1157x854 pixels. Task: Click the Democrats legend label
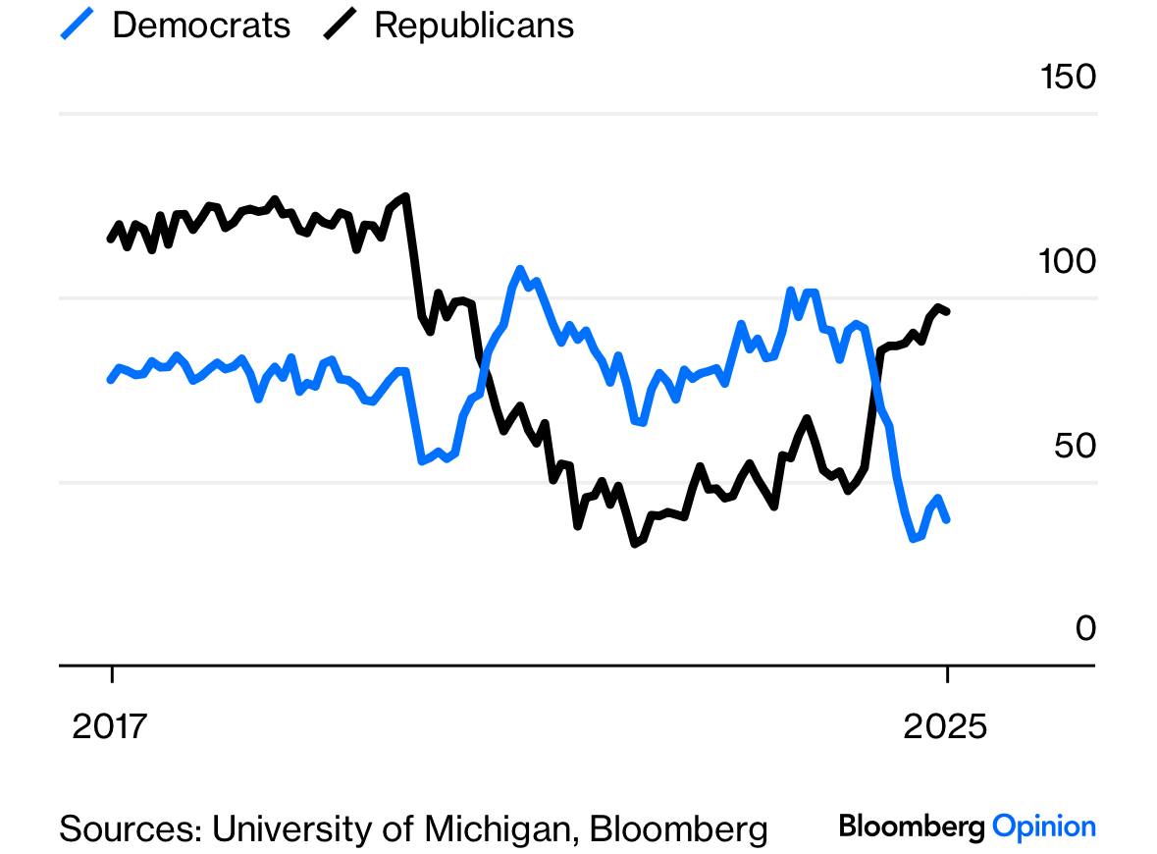tap(201, 26)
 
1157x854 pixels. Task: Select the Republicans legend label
tap(474, 26)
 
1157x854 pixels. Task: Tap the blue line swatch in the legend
tap(77, 24)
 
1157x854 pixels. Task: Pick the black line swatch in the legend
tap(340, 24)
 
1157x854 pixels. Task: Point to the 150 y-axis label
tap(1068, 77)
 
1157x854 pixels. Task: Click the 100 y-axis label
tap(1067, 261)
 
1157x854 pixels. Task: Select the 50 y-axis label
tap(1076, 446)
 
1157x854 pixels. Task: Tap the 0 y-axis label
tap(1085, 628)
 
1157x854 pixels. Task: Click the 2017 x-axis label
tap(109, 726)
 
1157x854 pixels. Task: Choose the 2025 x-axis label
tap(944, 726)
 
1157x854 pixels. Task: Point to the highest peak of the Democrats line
tap(520, 269)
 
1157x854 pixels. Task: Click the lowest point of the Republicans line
tap(635, 544)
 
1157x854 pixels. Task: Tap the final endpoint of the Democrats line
tap(947, 520)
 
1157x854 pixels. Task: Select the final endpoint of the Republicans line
tap(947, 311)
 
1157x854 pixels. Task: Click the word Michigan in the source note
tap(500, 828)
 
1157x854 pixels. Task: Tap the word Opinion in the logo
tap(1044, 827)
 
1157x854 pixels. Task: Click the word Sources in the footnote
tap(131, 828)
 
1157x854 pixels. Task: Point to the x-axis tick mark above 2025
tap(947, 674)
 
